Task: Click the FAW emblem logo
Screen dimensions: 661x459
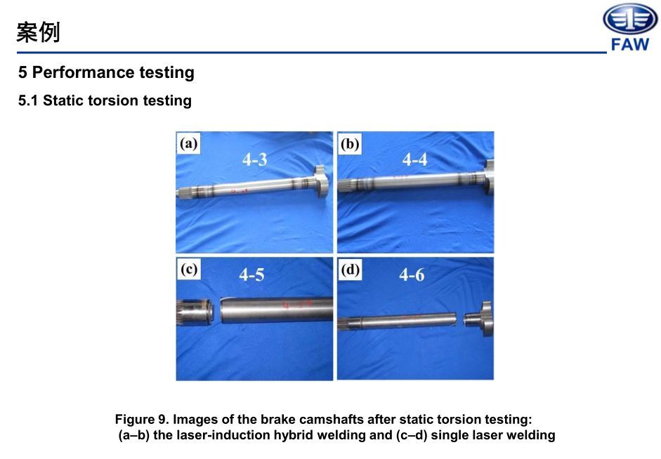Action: click(x=630, y=19)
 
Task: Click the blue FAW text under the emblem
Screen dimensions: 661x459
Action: click(x=630, y=44)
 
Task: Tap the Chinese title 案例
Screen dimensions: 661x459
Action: click(x=38, y=32)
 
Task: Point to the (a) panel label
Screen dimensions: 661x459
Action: click(x=188, y=144)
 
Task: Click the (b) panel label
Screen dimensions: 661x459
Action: click(x=350, y=144)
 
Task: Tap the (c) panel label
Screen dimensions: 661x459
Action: click(x=188, y=269)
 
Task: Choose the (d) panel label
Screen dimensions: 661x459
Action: click(x=350, y=269)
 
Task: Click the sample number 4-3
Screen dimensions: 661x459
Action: click(x=254, y=159)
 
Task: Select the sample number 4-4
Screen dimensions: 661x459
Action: click(x=415, y=159)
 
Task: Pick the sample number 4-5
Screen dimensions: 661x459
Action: click(x=251, y=275)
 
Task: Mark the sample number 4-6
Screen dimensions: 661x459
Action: click(x=412, y=275)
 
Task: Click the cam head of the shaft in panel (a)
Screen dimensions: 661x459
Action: click(x=320, y=182)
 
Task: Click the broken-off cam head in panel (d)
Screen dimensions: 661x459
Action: click(x=478, y=319)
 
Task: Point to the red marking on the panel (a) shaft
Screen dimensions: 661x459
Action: click(x=239, y=192)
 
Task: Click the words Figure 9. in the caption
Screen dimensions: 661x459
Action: click(x=142, y=420)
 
